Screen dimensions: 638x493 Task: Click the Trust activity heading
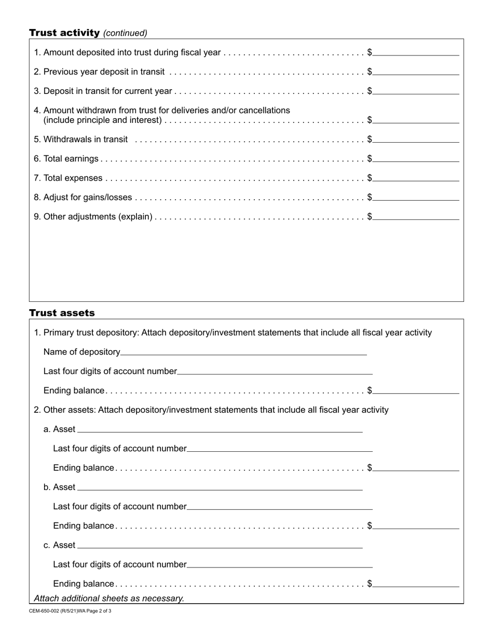[x=64, y=33]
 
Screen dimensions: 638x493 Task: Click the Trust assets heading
[x=62, y=313]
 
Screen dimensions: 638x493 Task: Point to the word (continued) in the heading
[x=125, y=33]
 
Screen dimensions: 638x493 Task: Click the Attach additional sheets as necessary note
[x=109, y=598]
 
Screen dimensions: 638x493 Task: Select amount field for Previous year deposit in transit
[x=416, y=71]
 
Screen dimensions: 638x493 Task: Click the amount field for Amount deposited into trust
[x=416, y=52]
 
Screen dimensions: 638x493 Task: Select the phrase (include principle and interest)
[x=103, y=120]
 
